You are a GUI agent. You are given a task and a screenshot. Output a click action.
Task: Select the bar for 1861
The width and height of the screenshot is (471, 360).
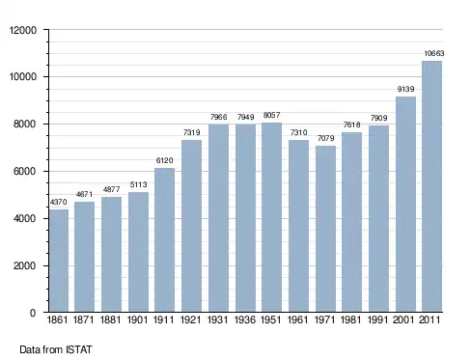tap(59, 261)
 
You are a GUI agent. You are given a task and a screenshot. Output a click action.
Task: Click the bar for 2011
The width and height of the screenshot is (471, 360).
tap(431, 186)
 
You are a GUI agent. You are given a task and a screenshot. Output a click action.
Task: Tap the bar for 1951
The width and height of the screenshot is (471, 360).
tap(271, 217)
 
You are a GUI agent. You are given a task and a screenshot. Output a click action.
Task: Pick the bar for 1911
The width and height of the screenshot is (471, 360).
tap(164, 239)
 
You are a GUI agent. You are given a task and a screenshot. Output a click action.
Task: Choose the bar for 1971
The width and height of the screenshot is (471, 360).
tap(325, 229)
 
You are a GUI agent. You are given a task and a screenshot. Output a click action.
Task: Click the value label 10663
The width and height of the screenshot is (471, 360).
tap(433, 53)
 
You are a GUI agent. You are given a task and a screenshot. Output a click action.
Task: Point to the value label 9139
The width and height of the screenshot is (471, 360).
tap(405, 89)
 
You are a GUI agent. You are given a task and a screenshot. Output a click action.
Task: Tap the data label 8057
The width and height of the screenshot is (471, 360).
tap(271, 115)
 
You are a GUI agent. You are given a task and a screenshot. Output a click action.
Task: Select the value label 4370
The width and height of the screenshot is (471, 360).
tap(59, 202)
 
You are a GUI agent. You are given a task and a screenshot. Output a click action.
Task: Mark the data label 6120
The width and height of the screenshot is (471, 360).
tap(164, 160)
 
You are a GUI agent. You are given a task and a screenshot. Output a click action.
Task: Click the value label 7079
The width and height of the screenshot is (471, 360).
tap(325, 138)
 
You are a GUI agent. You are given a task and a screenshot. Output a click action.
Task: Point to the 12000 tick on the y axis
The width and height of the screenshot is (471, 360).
tap(23, 30)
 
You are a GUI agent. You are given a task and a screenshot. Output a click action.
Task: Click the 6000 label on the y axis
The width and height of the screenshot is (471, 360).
tap(25, 171)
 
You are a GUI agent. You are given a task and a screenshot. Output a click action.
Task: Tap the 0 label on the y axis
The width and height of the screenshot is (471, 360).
tap(33, 313)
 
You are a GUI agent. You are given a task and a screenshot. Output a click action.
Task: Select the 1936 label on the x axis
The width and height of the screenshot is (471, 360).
tap(244, 320)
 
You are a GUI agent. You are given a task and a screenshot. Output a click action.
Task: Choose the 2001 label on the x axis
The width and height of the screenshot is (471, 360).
tap(403, 320)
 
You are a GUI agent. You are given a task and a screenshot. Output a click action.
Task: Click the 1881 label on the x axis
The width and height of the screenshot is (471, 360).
tap(110, 320)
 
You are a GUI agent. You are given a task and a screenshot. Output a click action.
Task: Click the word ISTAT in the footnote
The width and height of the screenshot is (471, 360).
tap(79, 349)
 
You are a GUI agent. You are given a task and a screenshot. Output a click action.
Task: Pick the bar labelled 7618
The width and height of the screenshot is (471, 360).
tap(351, 222)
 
